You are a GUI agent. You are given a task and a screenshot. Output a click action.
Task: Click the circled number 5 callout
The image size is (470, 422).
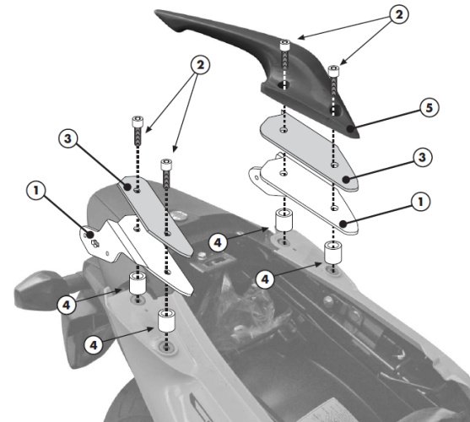(x=429, y=108)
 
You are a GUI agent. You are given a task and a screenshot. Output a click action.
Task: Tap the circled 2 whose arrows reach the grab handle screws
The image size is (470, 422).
(x=399, y=14)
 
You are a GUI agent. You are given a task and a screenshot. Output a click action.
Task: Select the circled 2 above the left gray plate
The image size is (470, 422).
(x=200, y=65)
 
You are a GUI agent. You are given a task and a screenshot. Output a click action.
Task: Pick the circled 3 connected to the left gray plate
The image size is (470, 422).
(x=68, y=138)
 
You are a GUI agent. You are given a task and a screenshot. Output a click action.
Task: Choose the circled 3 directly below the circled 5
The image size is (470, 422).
(x=423, y=157)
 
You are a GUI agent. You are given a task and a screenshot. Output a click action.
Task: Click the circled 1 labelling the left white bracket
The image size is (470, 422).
(x=36, y=190)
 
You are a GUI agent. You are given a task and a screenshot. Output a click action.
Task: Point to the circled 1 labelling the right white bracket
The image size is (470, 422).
(x=421, y=202)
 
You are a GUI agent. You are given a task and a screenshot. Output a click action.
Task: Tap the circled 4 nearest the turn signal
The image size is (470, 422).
(x=67, y=305)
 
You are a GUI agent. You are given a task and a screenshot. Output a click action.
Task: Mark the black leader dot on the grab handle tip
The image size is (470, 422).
(x=350, y=129)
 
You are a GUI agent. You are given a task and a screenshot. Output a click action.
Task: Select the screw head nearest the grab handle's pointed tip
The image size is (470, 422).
(x=333, y=71)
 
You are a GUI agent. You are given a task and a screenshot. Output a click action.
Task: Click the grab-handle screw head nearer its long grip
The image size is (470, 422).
(x=284, y=46)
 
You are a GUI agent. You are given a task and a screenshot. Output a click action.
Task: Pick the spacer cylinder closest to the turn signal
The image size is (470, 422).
(x=138, y=284)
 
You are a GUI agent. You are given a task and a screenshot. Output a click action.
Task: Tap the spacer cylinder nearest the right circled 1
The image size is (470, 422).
(x=332, y=253)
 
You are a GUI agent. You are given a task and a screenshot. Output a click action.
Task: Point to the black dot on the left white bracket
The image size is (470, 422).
(x=89, y=235)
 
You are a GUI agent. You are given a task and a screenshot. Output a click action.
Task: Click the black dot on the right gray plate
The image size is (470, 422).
(x=346, y=180)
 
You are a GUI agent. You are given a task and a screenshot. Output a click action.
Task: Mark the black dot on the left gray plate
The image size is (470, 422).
(x=127, y=187)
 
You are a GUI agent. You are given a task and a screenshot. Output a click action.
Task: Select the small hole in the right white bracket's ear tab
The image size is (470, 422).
(x=257, y=178)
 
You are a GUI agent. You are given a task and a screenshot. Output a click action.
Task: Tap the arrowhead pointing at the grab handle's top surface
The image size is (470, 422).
(x=301, y=37)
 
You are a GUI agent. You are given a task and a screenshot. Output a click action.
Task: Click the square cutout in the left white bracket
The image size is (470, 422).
(x=95, y=243)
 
